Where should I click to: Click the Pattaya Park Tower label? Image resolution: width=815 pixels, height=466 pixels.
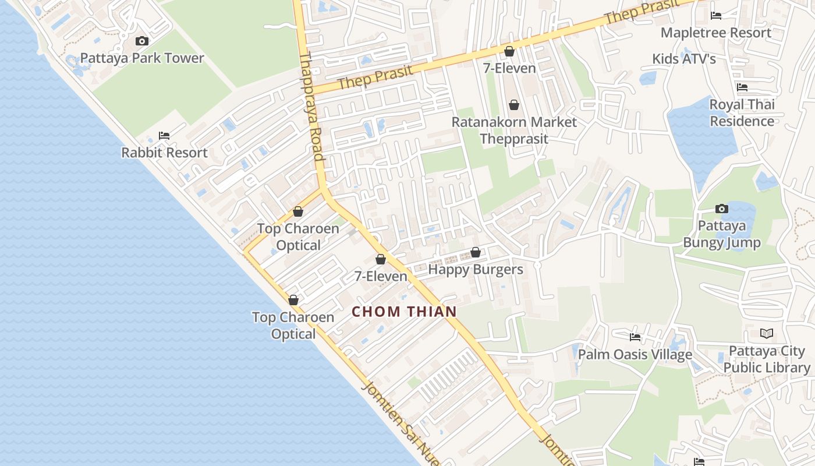tap(142, 58)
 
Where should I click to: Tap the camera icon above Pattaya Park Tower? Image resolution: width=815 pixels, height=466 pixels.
tap(142, 41)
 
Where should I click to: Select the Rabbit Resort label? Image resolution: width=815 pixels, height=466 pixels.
tap(164, 153)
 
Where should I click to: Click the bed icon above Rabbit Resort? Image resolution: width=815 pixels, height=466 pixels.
tap(164, 136)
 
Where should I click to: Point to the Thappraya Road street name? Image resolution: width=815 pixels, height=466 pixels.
tap(311, 107)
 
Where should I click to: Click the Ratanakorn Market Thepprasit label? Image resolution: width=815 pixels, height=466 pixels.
tap(515, 130)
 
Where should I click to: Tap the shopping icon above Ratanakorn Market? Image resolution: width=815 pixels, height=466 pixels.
tap(514, 105)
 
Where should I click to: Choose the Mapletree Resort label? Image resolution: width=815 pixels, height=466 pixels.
tap(715, 33)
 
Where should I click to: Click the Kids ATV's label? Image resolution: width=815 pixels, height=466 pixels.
tap(683, 59)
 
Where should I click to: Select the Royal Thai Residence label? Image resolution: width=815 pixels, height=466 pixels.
tap(742, 113)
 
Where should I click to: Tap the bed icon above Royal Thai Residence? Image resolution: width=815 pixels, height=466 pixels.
tap(742, 87)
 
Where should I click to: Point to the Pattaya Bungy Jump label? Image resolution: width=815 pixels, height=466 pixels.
tap(721, 234)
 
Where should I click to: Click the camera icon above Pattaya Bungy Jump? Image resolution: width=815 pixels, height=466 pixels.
tap(722, 209)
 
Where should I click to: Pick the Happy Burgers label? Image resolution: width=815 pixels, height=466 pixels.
tap(476, 269)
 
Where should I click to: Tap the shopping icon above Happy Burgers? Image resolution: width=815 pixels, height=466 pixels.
tap(476, 252)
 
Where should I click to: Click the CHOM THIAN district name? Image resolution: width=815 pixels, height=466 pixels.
tap(404, 312)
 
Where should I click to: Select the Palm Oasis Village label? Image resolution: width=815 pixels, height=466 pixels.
tap(635, 354)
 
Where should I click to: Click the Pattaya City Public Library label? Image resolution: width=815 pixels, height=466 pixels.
tap(767, 359)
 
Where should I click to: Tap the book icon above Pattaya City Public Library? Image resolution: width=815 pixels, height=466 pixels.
tap(767, 334)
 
